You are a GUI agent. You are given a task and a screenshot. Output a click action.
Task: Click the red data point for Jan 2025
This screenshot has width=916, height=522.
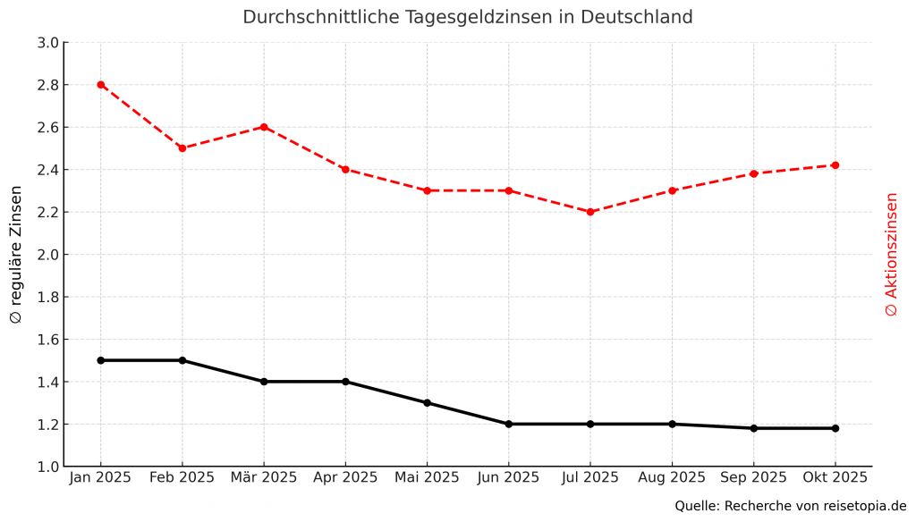click(101, 85)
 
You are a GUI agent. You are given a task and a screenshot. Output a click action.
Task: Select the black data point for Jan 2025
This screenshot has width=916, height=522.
click(101, 360)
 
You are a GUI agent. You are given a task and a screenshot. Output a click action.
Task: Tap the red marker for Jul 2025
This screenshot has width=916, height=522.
click(590, 212)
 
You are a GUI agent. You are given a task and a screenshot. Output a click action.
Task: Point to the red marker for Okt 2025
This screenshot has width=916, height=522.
click(835, 165)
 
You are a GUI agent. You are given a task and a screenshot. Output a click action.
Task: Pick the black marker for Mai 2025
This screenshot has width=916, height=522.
click(428, 403)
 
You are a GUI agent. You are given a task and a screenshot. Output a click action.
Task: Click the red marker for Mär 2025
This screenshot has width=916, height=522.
click(264, 127)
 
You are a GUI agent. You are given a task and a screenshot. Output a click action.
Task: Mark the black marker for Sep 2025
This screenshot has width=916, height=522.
click(754, 428)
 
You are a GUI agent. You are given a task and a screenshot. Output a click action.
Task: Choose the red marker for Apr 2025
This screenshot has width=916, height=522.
click(345, 169)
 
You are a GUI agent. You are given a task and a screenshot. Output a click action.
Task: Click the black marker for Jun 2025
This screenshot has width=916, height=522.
click(509, 424)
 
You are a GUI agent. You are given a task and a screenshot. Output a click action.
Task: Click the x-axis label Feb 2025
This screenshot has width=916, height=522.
click(182, 477)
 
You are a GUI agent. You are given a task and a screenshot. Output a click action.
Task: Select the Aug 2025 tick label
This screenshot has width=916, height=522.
click(672, 477)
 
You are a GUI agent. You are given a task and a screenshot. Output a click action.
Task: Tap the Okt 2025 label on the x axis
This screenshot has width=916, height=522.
click(835, 477)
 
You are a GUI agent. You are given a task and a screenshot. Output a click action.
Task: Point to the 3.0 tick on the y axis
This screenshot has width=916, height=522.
click(48, 43)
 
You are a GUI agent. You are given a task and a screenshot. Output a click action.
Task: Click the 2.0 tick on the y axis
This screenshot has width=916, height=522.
click(48, 255)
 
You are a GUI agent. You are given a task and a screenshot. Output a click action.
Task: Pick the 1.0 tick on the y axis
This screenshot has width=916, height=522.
click(48, 467)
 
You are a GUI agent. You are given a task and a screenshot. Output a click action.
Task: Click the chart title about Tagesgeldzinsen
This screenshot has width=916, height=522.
click(468, 17)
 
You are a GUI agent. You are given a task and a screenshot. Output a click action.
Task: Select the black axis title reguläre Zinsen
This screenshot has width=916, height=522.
click(16, 255)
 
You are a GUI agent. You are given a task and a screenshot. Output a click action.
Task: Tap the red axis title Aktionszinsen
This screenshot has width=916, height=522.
click(891, 255)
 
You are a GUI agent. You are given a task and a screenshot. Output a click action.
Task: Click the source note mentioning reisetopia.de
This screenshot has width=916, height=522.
click(791, 506)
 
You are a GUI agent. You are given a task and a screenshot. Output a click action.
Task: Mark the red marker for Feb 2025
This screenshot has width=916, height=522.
click(182, 148)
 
